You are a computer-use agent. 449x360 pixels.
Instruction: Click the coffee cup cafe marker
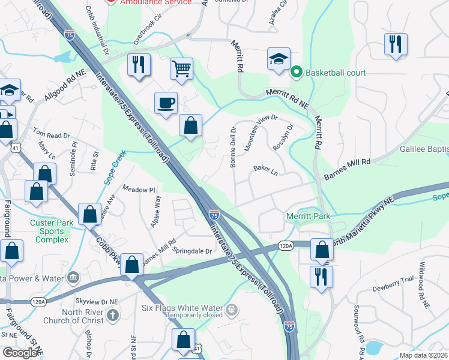[x=166, y=103]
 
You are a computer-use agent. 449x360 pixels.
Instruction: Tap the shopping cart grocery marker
[x=181, y=68]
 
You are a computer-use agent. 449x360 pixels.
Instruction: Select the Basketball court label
[x=336, y=73]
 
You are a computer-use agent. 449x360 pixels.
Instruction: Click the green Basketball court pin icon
[x=296, y=73]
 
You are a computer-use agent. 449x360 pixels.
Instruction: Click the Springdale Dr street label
[x=192, y=250]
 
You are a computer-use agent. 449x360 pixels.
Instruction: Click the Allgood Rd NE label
[x=65, y=91]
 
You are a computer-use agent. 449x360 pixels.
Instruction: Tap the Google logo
[x=20, y=353]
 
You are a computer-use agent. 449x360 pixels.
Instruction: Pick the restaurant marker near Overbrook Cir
[x=139, y=65]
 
